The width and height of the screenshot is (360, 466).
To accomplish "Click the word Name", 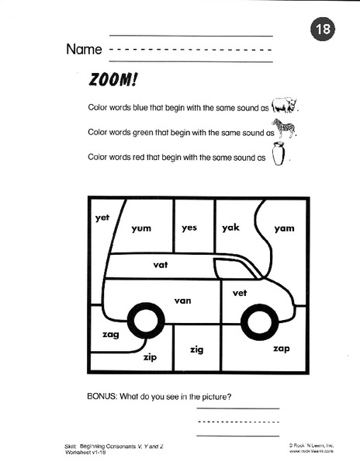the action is point(84,50).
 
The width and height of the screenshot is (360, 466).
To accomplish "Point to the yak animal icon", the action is point(285,105).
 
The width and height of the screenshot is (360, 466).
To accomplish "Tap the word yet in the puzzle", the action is point(102,218).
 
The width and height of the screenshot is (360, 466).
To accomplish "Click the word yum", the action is point(141,228).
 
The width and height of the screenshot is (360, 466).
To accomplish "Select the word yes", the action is point(190,228).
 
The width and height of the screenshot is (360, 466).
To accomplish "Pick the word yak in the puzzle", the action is point(230,228).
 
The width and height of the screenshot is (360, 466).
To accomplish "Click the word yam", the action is point(285,228).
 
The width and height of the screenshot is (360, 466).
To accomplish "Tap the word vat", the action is point(161,265).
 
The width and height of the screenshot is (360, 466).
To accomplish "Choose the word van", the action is point(183,300).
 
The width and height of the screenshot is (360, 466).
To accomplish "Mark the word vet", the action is point(240,293).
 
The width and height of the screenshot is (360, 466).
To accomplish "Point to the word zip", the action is point(150,358).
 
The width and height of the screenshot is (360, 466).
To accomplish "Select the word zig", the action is point(196,350).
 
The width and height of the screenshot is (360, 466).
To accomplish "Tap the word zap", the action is point(281,349).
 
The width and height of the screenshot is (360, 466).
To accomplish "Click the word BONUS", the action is point(106,397).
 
